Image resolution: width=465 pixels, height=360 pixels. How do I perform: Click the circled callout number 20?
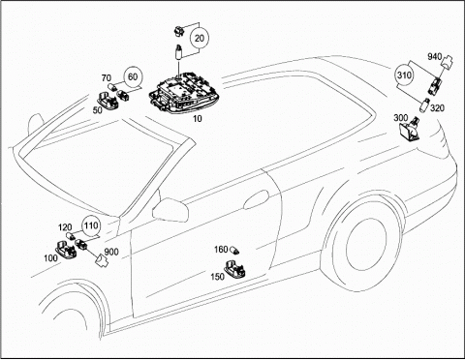(200, 38)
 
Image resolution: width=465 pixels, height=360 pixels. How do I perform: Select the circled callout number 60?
(133, 76)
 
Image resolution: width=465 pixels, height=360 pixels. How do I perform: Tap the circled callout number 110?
(91, 225)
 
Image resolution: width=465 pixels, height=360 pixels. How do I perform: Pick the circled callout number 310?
(404, 75)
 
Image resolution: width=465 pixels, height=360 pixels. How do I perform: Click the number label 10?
(197, 119)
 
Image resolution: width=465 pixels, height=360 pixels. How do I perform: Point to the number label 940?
(434, 57)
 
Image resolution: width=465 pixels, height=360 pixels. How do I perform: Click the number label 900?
(111, 252)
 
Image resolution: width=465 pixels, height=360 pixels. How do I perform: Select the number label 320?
(438, 108)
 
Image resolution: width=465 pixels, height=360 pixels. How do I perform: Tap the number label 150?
(217, 277)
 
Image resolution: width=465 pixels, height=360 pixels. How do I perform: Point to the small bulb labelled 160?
(234, 250)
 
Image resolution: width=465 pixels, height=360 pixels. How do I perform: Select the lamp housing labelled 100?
(66, 249)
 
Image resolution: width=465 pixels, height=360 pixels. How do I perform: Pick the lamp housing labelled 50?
(108, 100)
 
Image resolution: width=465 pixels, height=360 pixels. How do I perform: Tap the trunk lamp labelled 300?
(409, 129)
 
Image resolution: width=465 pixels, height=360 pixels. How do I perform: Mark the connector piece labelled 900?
(102, 260)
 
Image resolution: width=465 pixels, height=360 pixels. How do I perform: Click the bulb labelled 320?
(424, 105)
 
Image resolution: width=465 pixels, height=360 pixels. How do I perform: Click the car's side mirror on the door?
(170, 209)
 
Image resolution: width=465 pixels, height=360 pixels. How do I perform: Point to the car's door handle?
(256, 199)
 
